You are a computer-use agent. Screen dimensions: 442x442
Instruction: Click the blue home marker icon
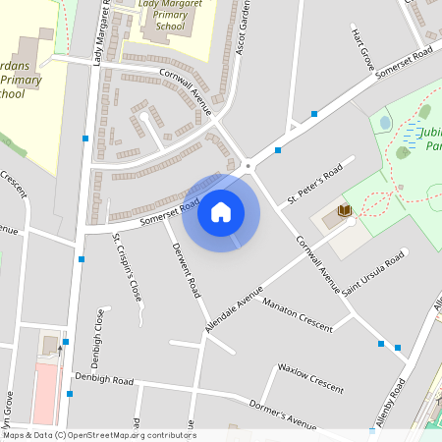pos(221,212)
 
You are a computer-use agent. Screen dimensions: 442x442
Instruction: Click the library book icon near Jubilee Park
pos(344,210)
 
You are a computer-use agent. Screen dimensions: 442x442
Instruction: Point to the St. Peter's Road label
pos(314,186)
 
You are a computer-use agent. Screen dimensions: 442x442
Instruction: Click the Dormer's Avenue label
pos(282,413)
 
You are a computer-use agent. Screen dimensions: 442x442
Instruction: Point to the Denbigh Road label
pos(104,379)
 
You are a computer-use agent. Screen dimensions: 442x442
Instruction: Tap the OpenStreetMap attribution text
pos(98,435)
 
